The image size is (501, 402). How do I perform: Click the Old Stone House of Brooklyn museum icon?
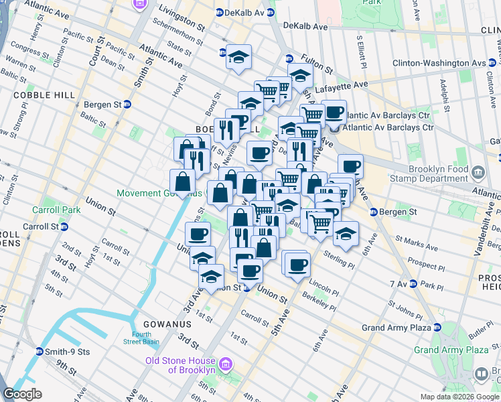pyautogui.click(x=226, y=365)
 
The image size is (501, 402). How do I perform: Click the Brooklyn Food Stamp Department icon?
pyautogui.click(x=478, y=174)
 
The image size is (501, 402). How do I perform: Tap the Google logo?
pyautogui.click(x=23, y=394)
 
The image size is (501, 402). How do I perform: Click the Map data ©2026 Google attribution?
pyautogui.click(x=459, y=397)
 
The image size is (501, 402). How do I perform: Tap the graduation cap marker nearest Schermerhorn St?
pyautogui.click(x=238, y=56)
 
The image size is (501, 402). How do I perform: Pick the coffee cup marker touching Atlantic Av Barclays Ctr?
pyautogui.click(x=334, y=111)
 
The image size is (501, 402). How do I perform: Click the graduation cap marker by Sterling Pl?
pyautogui.click(x=346, y=234)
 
